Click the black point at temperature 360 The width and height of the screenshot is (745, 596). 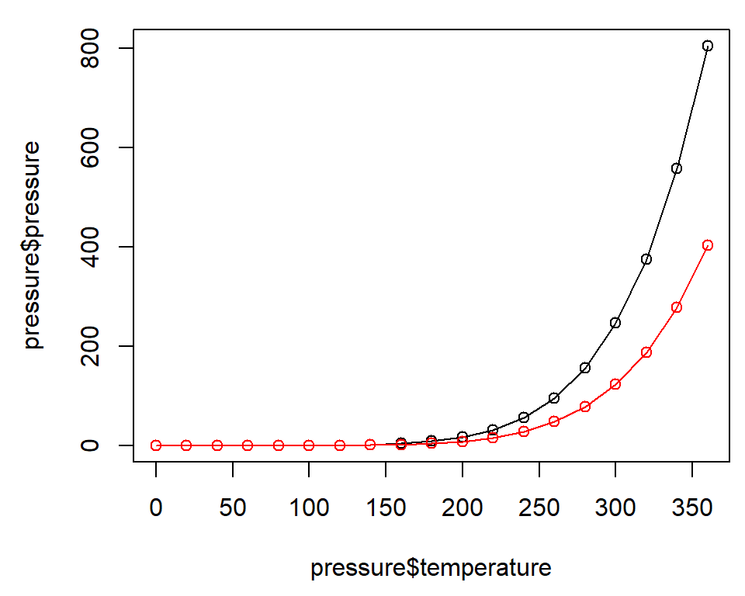tap(707, 46)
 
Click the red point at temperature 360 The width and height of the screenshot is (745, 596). tap(707, 245)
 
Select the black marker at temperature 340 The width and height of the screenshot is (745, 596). tap(677, 168)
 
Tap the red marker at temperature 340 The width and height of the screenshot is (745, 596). tap(677, 307)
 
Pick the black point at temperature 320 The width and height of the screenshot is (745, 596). tap(646, 259)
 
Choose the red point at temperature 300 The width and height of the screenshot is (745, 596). tap(615, 384)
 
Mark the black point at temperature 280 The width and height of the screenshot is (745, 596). tap(585, 368)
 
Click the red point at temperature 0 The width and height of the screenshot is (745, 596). tap(156, 445)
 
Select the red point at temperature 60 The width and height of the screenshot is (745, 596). tap(248, 445)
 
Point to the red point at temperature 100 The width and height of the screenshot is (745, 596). tap(309, 445)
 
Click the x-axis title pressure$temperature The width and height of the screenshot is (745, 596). tap(431, 568)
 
